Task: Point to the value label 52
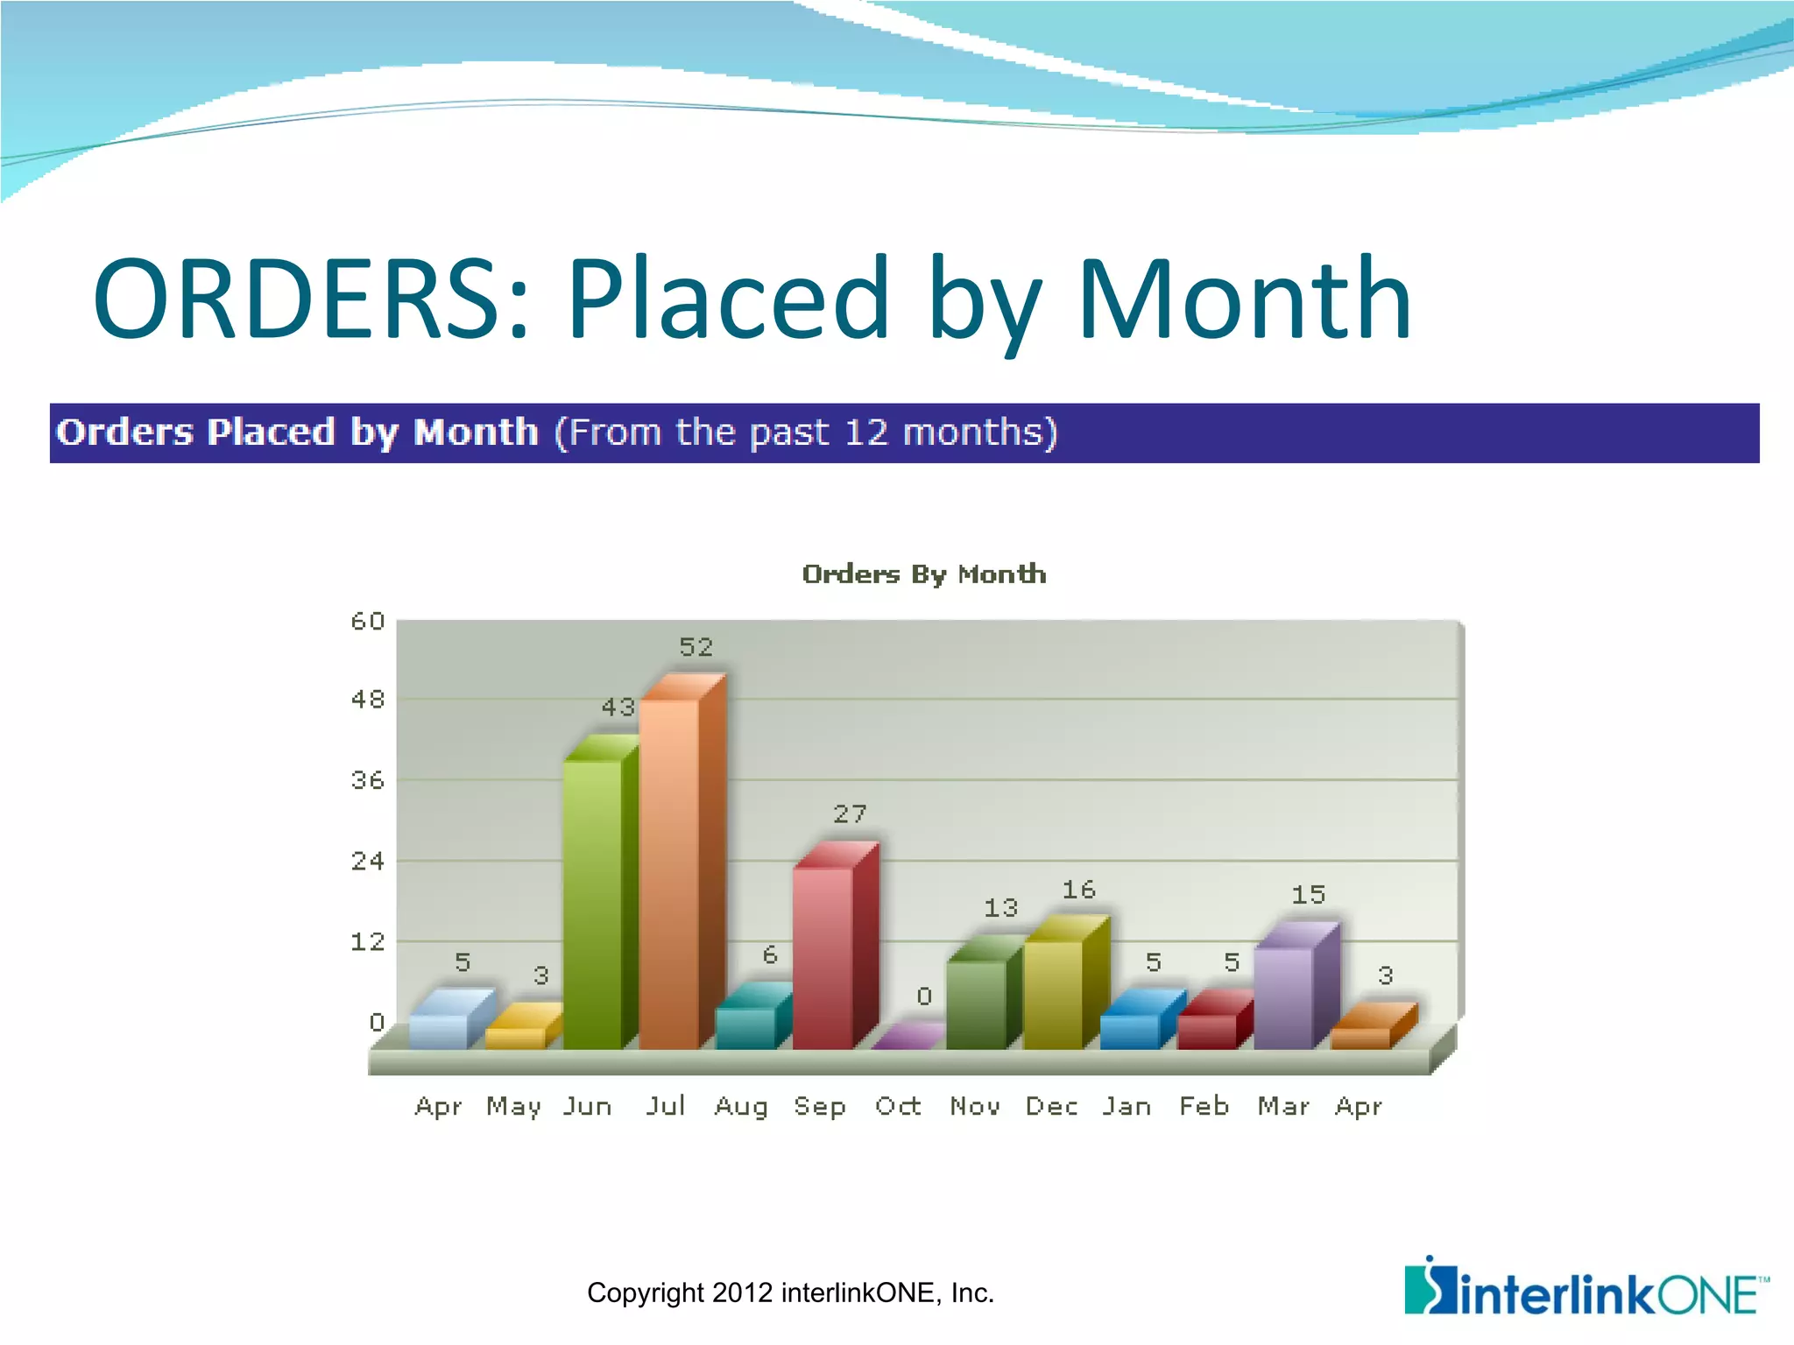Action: click(696, 647)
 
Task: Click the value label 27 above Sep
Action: click(850, 814)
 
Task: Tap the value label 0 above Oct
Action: click(924, 996)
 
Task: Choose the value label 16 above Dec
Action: click(1079, 890)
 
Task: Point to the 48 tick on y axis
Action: click(368, 700)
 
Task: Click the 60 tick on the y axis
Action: click(368, 622)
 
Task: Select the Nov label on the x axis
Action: click(975, 1107)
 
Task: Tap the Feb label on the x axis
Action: click(1204, 1107)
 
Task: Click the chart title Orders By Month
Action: click(924, 574)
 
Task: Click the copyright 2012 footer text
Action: click(790, 1293)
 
